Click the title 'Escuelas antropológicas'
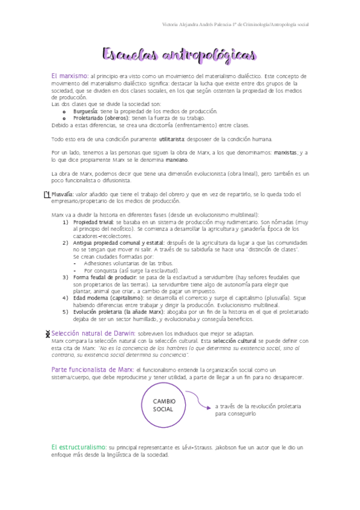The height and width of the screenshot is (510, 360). click(180, 55)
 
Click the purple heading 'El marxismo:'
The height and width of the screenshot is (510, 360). click(70, 76)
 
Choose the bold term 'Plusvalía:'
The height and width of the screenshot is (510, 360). click(63, 194)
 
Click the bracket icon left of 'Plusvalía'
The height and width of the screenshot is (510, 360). click(47, 195)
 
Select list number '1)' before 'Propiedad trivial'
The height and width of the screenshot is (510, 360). click(67, 223)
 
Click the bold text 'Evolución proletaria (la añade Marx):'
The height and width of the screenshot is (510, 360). click(120, 312)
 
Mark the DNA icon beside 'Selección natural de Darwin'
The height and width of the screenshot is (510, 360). click(47, 334)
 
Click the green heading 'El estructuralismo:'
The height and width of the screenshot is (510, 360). click(78, 447)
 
